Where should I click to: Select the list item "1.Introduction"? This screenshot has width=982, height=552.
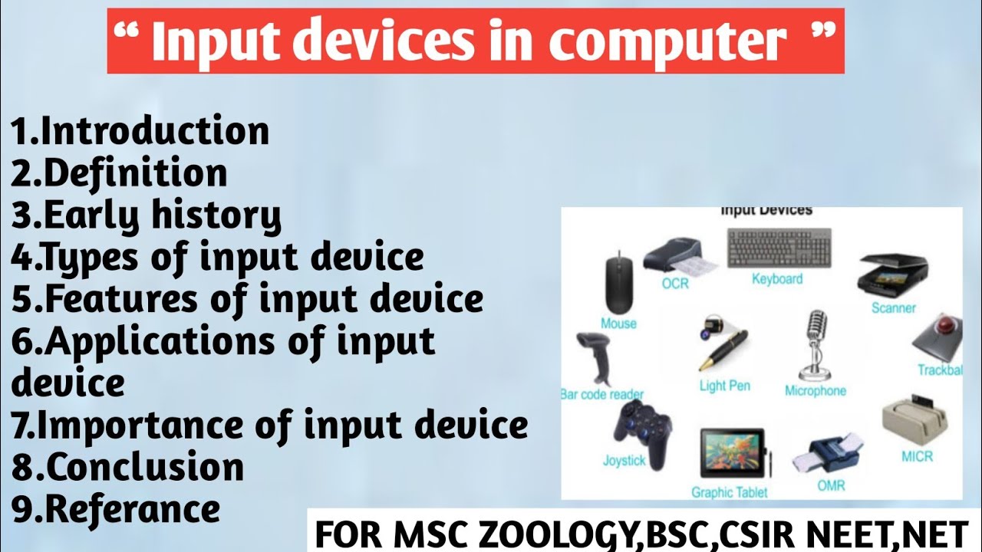(140, 130)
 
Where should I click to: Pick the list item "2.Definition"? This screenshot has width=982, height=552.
(119, 172)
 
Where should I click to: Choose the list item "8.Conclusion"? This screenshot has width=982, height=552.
(127, 467)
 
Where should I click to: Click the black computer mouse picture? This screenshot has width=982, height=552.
(619, 282)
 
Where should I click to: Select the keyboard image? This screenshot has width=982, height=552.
(779, 248)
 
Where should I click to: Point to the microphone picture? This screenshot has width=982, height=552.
(816, 345)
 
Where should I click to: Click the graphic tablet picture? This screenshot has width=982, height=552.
(734, 453)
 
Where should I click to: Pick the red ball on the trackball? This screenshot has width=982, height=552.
(947, 327)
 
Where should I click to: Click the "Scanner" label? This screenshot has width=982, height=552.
(894, 308)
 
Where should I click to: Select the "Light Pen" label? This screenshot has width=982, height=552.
(725, 386)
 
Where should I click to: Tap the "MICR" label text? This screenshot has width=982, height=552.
(917, 456)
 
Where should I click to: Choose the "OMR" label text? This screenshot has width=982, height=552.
(831, 485)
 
